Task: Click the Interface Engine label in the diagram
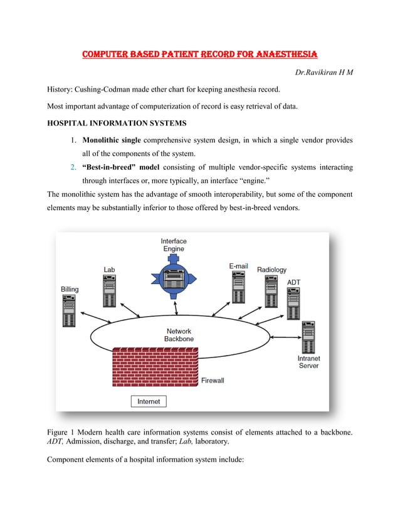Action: click(174, 245)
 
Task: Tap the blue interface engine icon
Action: click(174, 276)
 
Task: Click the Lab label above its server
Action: click(109, 270)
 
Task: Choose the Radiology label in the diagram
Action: click(271, 270)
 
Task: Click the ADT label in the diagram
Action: click(294, 283)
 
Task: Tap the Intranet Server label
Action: click(308, 362)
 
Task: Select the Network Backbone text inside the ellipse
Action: click(179, 335)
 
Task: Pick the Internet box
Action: click(149, 401)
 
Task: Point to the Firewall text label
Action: click(213, 380)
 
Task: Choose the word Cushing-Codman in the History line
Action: click(108, 90)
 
